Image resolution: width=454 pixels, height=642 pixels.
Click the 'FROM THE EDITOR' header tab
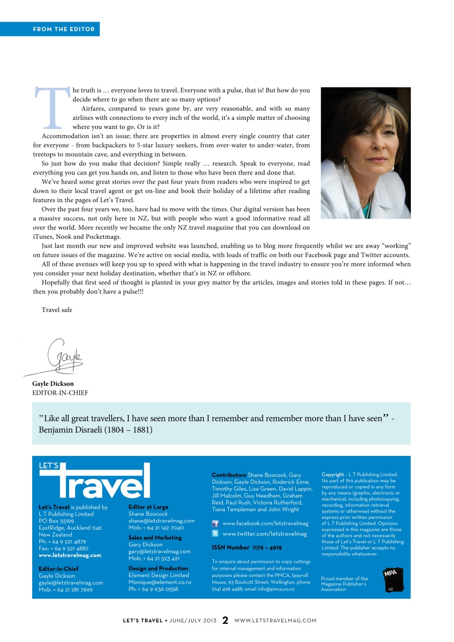(x=64, y=29)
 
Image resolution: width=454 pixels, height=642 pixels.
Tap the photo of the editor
(x=366, y=153)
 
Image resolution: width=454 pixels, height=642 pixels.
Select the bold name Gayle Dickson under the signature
(x=53, y=384)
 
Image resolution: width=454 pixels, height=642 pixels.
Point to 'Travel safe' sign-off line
(x=57, y=310)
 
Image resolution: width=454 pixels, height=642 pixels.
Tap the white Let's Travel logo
(x=95, y=480)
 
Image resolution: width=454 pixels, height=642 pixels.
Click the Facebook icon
(x=215, y=524)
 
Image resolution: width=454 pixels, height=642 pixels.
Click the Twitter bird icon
(x=215, y=534)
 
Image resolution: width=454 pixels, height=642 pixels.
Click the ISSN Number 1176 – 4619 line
(x=247, y=548)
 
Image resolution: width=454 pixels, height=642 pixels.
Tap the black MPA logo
(x=393, y=579)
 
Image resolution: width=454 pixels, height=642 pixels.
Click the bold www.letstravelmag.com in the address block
(x=70, y=555)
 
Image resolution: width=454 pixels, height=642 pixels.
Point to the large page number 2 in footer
(x=225, y=620)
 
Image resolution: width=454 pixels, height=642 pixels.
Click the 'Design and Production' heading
(x=158, y=568)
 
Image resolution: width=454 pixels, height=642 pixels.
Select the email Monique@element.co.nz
(x=160, y=582)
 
